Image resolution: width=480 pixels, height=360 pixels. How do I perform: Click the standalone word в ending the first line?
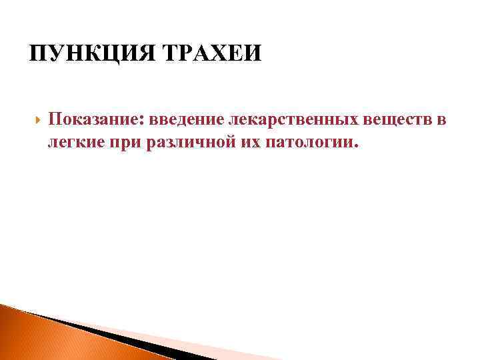pos(441,120)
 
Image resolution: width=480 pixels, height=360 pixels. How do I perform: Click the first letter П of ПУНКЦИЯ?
pos(37,52)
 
